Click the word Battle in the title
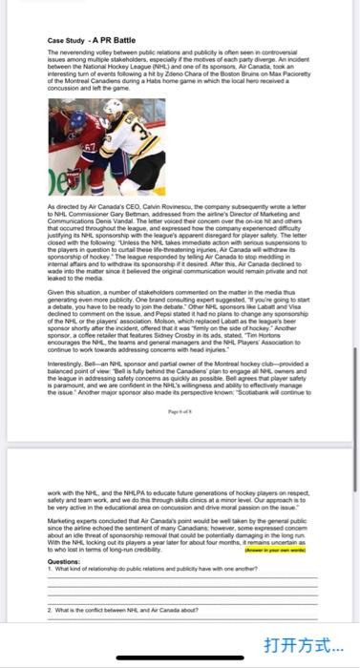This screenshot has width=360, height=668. pos(116,40)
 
